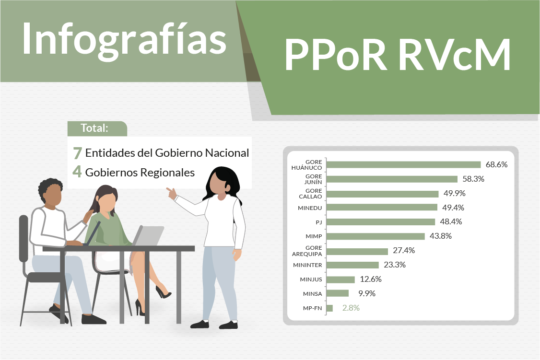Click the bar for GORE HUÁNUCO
[403, 165]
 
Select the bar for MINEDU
[382, 208]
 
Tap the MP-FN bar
[329, 308]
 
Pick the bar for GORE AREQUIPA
[357, 251]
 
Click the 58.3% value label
[474, 179]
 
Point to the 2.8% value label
[351, 308]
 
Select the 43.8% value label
[441, 236]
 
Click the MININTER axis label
[307, 265]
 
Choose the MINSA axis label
[312, 294]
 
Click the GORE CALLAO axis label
[310, 194]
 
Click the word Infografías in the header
[124, 38]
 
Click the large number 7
[77, 153]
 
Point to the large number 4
[77, 172]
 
